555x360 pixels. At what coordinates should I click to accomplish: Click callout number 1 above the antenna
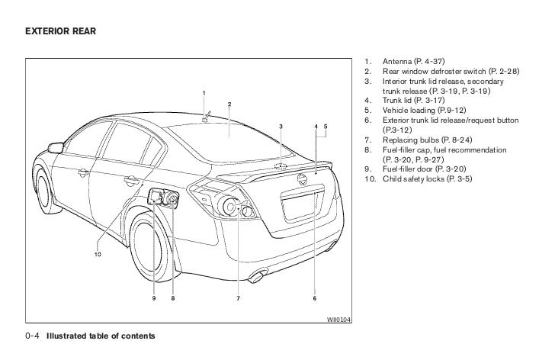(204, 93)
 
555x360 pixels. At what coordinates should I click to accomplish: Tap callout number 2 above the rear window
(229, 104)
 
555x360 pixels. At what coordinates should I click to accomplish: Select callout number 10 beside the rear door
(98, 255)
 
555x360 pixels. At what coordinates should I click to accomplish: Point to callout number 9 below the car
(153, 298)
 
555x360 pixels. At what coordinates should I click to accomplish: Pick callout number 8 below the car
(173, 298)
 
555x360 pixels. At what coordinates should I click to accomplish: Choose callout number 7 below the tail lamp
(237, 298)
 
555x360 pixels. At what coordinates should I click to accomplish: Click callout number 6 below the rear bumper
(314, 298)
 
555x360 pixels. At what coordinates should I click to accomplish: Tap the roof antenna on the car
(206, 118)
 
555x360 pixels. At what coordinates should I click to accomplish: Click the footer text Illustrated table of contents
(101, 336)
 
